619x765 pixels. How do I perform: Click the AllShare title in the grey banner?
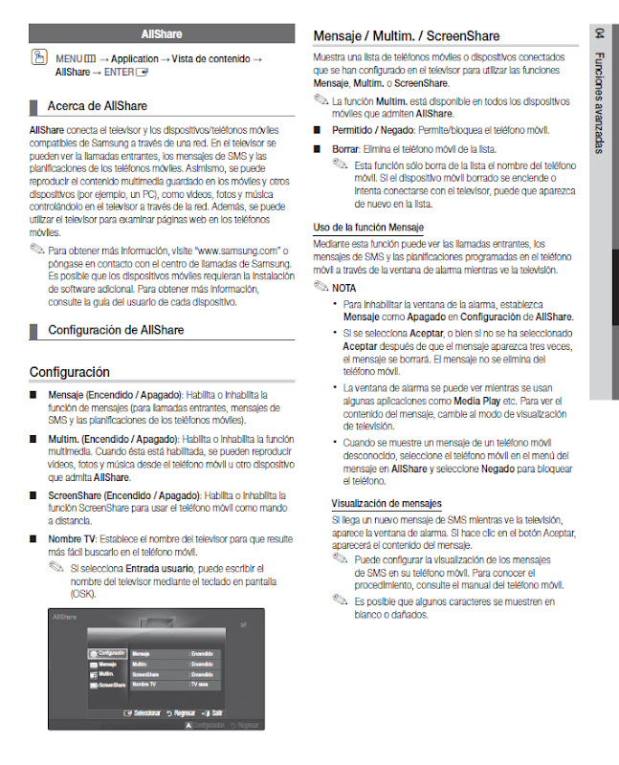[161, 33]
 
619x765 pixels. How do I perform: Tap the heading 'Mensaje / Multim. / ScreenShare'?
[407, 35]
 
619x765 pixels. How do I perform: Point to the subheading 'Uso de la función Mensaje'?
[368, 227]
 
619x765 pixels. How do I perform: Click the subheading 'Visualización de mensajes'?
[386, 503]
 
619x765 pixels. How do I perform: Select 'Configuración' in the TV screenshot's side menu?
[111, 652]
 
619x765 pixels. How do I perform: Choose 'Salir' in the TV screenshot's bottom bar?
[218, 712]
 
